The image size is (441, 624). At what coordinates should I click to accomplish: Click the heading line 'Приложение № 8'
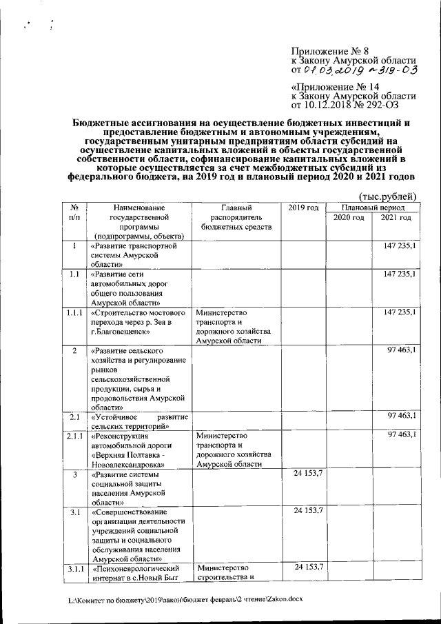click(x=330, y=50)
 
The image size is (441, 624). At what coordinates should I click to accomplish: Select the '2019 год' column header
click(x=302, y=208)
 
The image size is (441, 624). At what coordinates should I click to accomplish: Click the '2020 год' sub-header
click(x=348, y=218)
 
